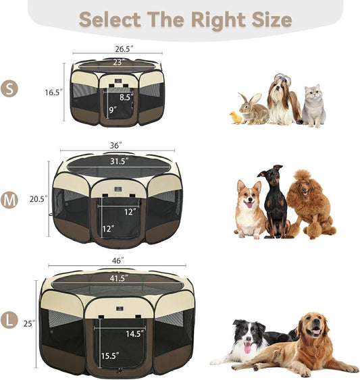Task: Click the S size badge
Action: pyautogui.click(x=9, y=88)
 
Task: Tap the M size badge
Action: pyautogui.click(x=9, y=200)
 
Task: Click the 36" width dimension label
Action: pyautogui.click(x=115, y=145)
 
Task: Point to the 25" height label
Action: pyautogui.click(x=27, y=323)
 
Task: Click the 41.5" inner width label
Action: pyautogui.click(x=117, y=277)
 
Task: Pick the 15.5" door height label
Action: pyautogui.click(x=109, y=356)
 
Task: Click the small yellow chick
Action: pyautogui.click(x=236, y=117)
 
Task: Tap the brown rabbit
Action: pyautogui.click(x=253, y=109)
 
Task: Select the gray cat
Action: pyautogui.click(x=313, y=107)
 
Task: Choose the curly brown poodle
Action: pyautogui.click(x=309, y=202)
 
